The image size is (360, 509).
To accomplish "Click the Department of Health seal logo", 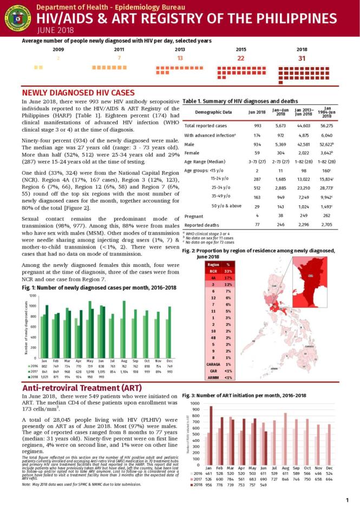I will point(18,17).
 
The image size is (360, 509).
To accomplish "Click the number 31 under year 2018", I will point(302,58).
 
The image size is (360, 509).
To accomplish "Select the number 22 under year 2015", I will point(241,58).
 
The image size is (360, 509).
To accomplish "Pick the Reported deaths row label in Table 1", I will point(201,224).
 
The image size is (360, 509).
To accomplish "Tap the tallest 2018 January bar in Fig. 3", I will point(211,436).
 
